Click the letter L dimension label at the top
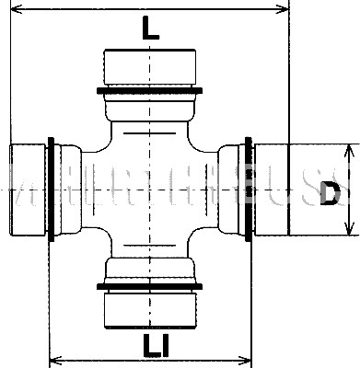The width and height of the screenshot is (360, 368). coord(151,29)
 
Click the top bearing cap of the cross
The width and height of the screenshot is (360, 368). coord(149,65)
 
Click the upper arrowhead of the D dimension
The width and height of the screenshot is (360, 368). coord(350,148)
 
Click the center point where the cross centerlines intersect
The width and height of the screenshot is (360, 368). coord(150,190)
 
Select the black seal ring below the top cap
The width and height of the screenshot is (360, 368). coord(149,90)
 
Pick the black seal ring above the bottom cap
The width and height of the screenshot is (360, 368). coord(150,283)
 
